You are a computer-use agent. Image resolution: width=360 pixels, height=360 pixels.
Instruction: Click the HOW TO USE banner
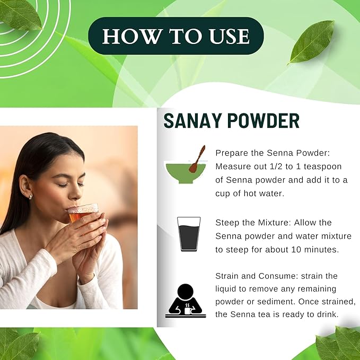(x=176, y=36)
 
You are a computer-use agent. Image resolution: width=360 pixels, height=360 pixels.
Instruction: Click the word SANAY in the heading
(x=190, y=121)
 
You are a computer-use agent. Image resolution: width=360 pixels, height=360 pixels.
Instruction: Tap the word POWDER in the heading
(x=264, y=121)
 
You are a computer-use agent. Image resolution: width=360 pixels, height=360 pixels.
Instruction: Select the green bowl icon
(x=186, y=173)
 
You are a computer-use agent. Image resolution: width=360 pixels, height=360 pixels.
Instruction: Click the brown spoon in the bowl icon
(x=197, y=159)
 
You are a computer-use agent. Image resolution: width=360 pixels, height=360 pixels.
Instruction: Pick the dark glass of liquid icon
(x=189, y=234)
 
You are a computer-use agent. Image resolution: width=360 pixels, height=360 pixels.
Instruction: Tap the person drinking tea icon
(x=186, y=301)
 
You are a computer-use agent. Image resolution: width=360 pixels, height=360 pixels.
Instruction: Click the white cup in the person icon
(x=188, y=310)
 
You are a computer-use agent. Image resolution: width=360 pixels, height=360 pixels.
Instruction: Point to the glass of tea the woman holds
(x=83, y=213)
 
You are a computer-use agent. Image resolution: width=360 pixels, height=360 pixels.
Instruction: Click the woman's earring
(x=30, y=196)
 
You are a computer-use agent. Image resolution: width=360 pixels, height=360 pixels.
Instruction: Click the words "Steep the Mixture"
(x=253, y=223)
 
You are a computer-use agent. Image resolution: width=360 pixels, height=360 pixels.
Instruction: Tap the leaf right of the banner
(x=311, y=42)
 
